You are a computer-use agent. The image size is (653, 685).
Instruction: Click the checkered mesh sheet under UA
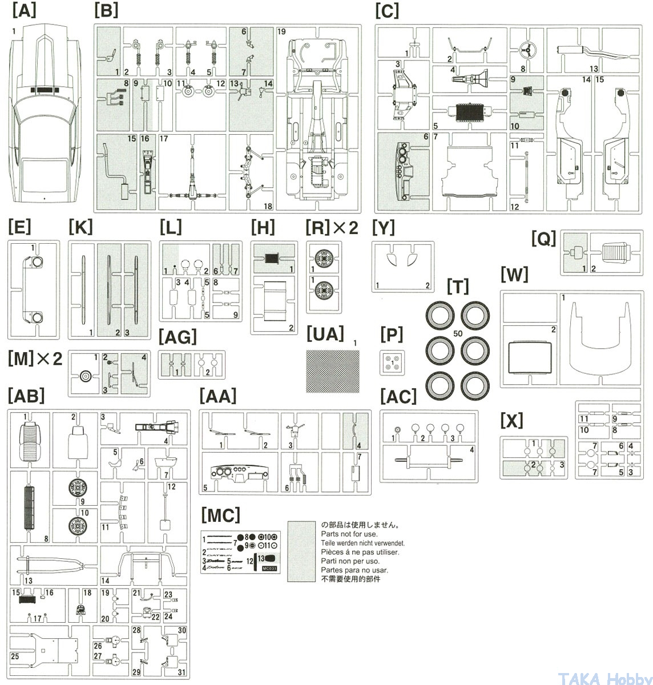(x=333, y=371)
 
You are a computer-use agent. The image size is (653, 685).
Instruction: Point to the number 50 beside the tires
(x=458, y=333)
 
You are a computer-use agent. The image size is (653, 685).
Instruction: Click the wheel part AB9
(x=76, y=488)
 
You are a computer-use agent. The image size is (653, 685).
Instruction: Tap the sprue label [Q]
(x=543, y=239)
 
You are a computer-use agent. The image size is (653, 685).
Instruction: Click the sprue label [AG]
(x=178, y=339)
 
